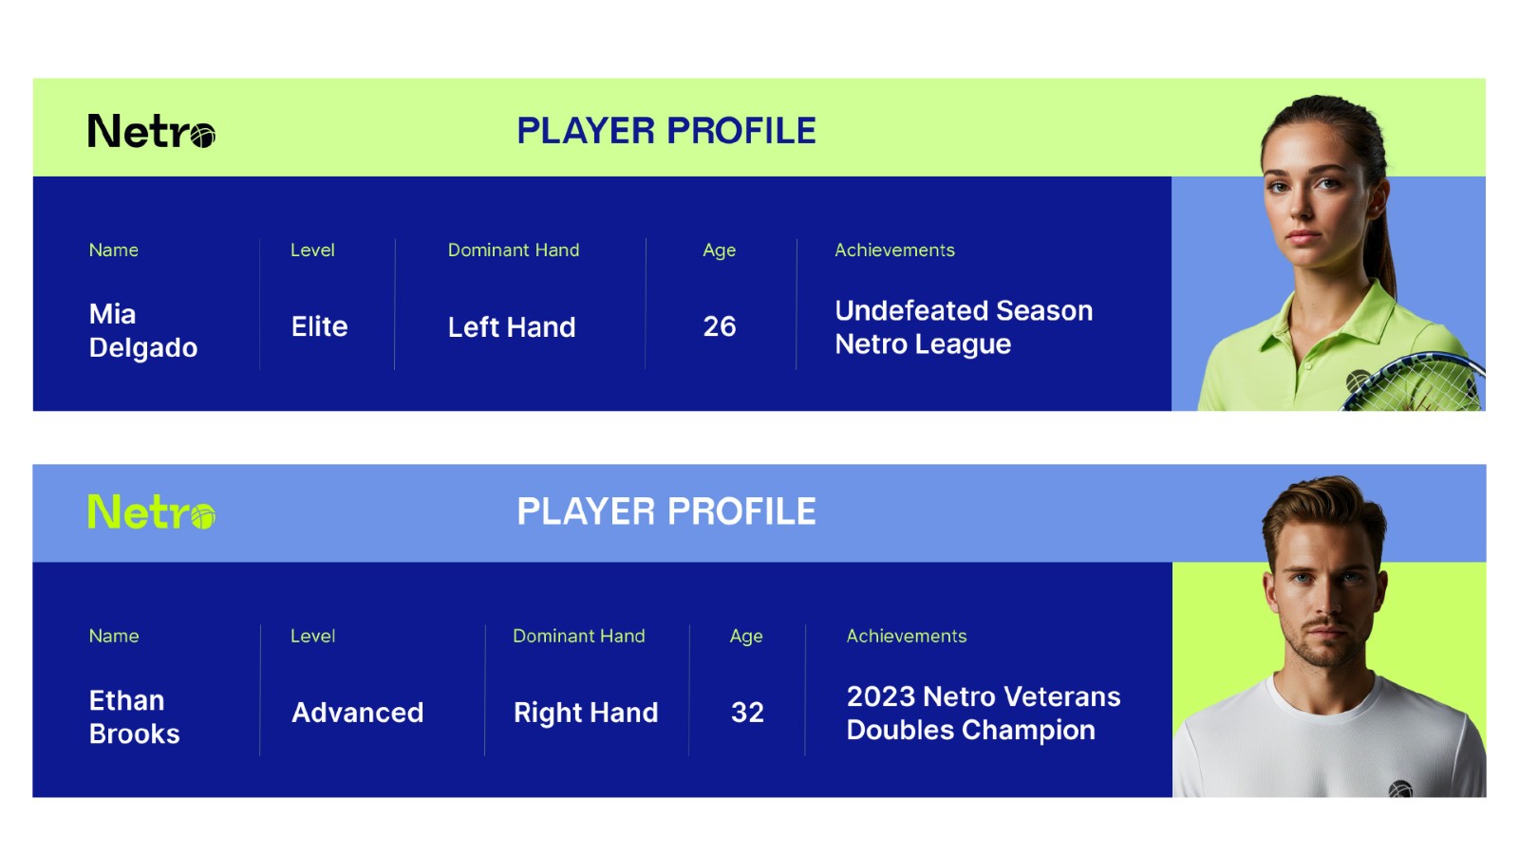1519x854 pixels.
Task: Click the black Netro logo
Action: pos(151,131)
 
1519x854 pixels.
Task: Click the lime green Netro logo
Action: pos(151,511)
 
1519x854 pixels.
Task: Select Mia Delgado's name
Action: pos(143,331)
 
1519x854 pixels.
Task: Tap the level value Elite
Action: pos(319,326)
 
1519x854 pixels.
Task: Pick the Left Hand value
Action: pos(512,327)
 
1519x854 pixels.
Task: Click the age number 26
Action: pos(720,326)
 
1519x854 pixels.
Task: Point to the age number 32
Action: pos(747,713)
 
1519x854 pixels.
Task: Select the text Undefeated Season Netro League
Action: pos(964,327)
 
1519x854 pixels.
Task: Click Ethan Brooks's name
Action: pos(134,717)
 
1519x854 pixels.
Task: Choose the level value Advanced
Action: pos(357,713)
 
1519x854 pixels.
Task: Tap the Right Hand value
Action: pos(586,713)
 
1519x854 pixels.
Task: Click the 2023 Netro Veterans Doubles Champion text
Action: pos(984,713)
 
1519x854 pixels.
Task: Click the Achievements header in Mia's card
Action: pos(894,251)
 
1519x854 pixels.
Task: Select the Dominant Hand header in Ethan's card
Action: pos(578,636)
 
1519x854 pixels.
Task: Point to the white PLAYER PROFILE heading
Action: pos(666,511)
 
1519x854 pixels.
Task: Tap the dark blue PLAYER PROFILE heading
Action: pos(666,131)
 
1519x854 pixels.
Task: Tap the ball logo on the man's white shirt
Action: pos(1400,789)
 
